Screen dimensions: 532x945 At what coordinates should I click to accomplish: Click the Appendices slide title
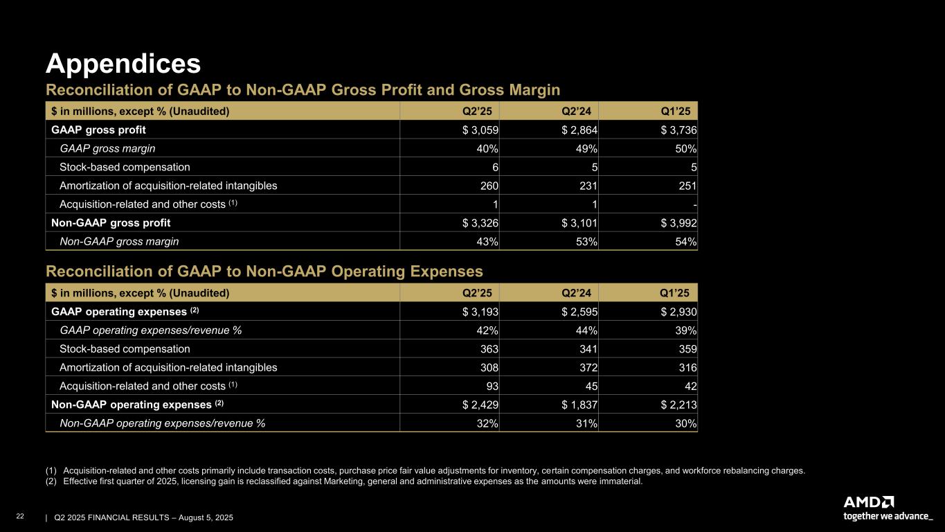pyautogui.click(x=123, y=64)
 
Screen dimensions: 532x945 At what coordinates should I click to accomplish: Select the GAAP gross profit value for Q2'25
pyautogui.click(x=480, y=130)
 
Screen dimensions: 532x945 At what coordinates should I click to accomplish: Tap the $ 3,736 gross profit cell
pyautogui.click(x=679, y=130)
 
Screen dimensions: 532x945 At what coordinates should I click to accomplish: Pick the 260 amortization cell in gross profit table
pyautogui.click(x=488, y=186)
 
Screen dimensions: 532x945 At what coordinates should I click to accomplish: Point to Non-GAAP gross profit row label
pyautogui.click(x=111, y=223)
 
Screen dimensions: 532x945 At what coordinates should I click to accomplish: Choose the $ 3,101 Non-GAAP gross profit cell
pyautogui.click(x=580, y=223)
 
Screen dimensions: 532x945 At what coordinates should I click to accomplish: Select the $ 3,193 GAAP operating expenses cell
pyautogui.click(x=480, y=311)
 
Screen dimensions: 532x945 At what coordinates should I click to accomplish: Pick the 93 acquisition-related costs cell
pyautogui.click(x=492, y=386)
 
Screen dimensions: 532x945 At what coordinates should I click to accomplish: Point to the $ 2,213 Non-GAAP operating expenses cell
pyautogui.click(x=679, y=405)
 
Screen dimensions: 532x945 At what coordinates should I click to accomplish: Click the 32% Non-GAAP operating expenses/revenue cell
pyautogui.click(x=487, y=423)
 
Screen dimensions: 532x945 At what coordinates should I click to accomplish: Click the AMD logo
pyautogui.click(x=869, y=502)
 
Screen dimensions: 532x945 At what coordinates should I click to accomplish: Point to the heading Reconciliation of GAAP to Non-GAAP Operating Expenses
pyautogui.click(x=264, y=271)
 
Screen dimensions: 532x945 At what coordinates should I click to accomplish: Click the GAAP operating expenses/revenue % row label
pyautogui.click(x=151, y=330)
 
